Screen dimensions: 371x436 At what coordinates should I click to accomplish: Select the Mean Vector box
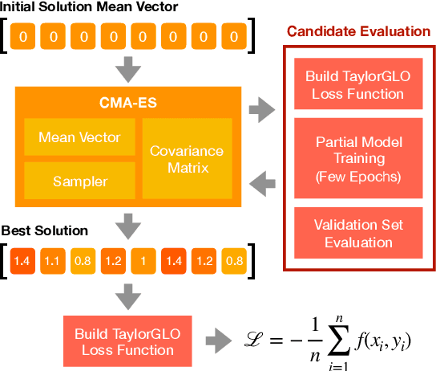pos(79,137)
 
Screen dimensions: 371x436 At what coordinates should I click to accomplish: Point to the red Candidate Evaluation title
pos(359,31)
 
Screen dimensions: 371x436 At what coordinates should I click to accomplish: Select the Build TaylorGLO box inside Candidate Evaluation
pos(354,85)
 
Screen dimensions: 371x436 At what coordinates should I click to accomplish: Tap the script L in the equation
pos(254,340)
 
